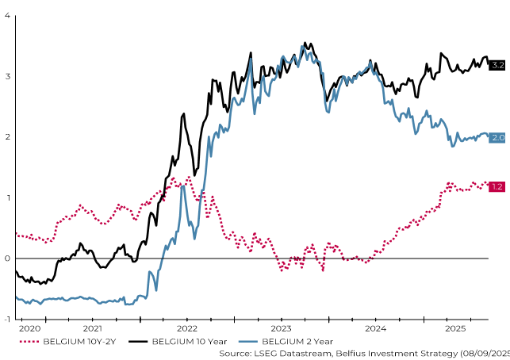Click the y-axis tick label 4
(x=7, y=16)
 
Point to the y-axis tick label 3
(x=7, y=76)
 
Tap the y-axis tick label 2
(x=7, y=137)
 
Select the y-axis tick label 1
(x=7, y=197)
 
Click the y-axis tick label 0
(x=7, y=259)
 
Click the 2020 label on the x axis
(x=29, y=327)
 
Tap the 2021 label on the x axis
(x=92, y=327)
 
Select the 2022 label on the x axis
(x=186, y=327)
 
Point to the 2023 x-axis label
(x=281, y=327)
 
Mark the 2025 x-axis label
(x=455, y=327)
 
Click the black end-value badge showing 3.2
(x=497, y=64)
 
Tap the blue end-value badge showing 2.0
(x=497, y=137)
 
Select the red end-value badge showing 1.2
(x=497, y=186)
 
